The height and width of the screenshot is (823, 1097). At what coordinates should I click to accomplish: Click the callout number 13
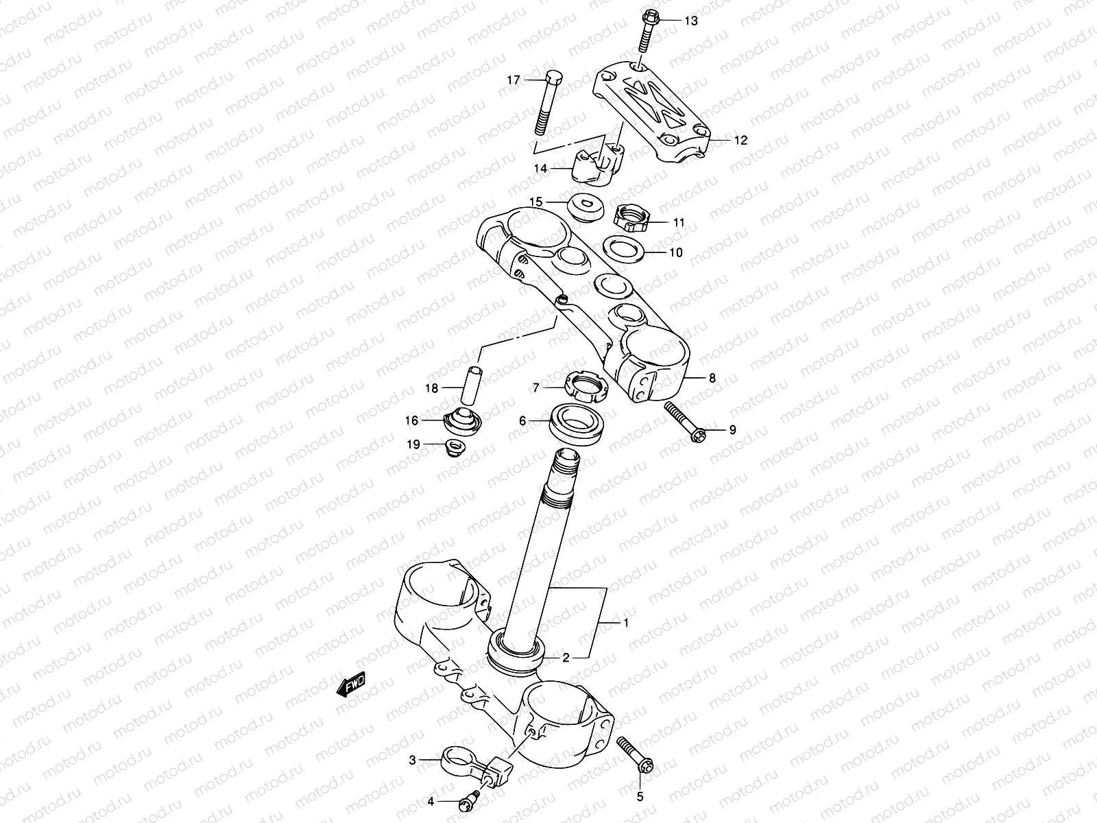point(690,21)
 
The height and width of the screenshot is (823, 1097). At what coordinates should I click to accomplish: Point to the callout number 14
point(542,168)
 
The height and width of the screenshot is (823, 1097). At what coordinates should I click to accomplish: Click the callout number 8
point(712,378)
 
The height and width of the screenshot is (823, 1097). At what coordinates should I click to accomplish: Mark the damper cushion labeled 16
point(462,418)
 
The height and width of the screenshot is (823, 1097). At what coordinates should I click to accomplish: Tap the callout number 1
point(625,623)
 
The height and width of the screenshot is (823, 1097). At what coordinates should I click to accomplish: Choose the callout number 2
point(566,658)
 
